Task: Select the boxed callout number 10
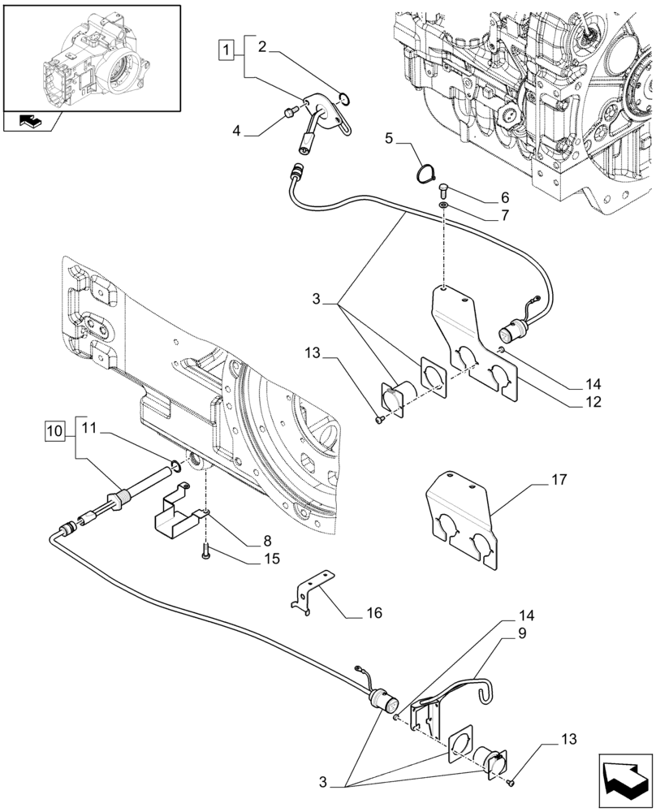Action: point(54,428)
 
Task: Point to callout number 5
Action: point(390,139)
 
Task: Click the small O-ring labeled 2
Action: point(345,100)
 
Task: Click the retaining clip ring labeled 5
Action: point(425,173)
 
